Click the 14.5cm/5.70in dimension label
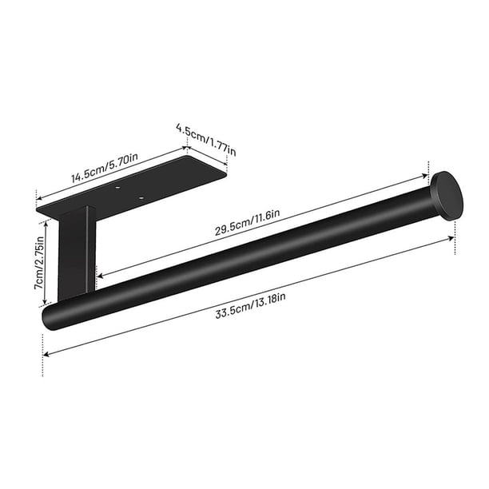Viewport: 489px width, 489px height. click(105, 168)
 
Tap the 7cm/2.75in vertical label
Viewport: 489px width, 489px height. click(39, 263)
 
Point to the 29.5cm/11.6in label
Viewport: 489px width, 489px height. click(247, 222)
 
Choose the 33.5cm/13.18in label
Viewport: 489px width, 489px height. click(250, 305)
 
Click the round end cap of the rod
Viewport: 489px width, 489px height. click(447, 196)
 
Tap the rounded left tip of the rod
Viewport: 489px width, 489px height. click(47, 317)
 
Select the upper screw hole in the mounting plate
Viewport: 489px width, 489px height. click(117, 188)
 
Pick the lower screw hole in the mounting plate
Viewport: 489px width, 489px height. click(141, 197)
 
